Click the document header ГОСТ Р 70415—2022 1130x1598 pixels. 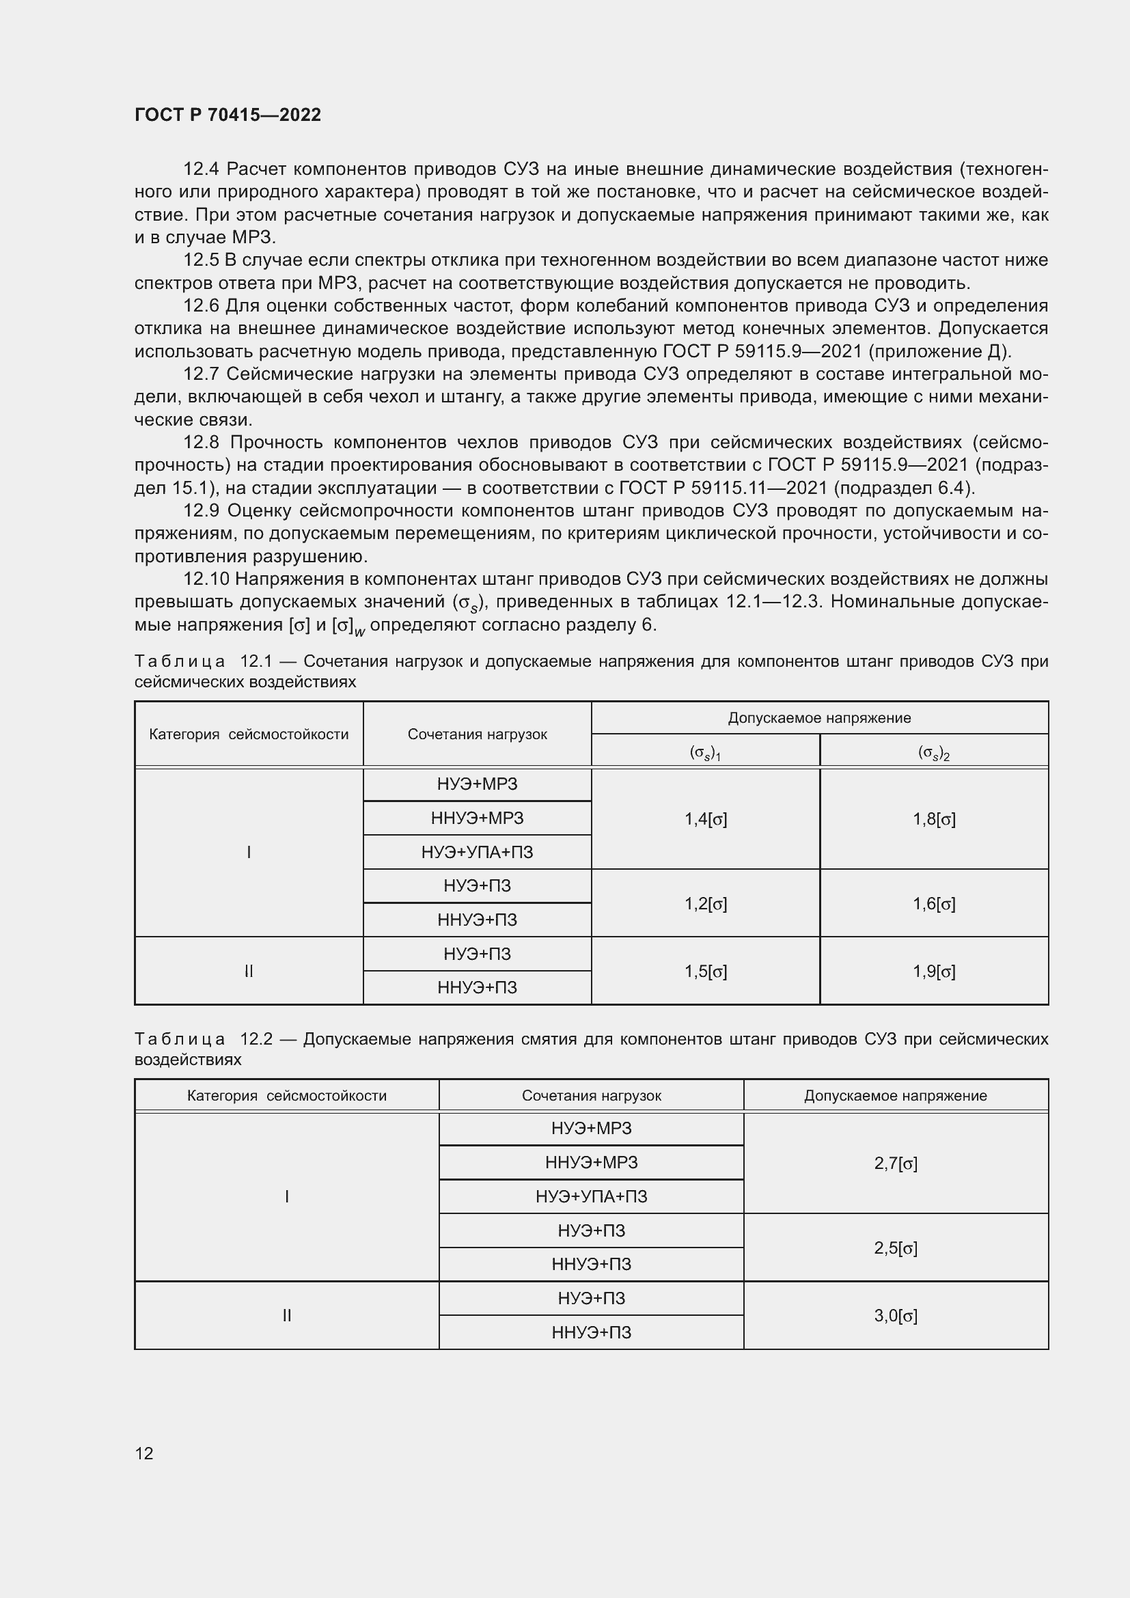(228, 115)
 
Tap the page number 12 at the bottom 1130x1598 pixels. (144, 1453)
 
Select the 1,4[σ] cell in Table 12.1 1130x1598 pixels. (706, 819)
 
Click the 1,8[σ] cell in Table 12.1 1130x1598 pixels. (934, 819)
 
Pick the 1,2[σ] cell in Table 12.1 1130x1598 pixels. (706, 903)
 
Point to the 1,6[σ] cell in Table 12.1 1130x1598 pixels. (934, 903)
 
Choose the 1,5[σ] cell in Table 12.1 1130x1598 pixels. (706, 971)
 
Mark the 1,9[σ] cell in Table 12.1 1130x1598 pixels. (934, 971)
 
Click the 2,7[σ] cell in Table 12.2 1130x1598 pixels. (896, 1163)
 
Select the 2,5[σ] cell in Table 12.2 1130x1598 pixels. (896, 1248)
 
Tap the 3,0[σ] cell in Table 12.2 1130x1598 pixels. (896, 1315)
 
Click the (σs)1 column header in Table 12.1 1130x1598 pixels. (705, 752)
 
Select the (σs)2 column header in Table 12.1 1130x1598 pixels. (934, 752)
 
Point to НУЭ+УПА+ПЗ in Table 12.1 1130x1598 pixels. (477, 852)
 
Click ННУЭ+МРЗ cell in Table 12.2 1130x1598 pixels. (591, 1162)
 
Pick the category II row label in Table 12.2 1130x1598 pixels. (287, 1315)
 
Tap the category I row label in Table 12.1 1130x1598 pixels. (249, 852)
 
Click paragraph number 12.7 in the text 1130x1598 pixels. (201, 374)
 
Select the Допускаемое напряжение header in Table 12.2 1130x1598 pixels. (896, 1095)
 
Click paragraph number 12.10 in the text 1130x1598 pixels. (206, 579)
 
